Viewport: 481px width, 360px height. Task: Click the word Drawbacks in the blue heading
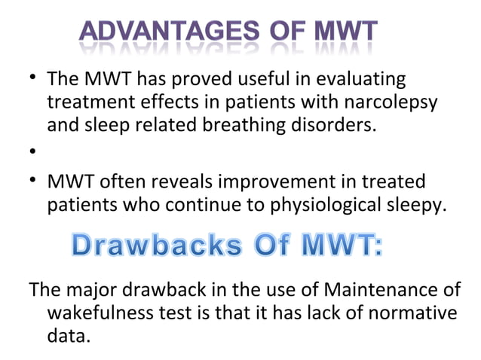(x=146, y=246)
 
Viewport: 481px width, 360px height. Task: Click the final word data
(x=67, y=335)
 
